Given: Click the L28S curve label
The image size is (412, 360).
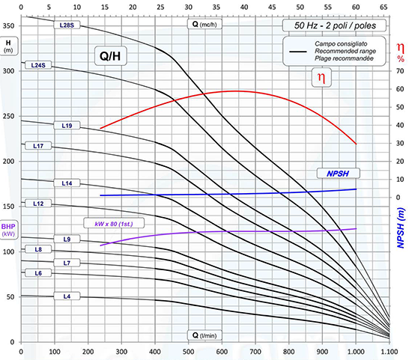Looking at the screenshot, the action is pos(67,25).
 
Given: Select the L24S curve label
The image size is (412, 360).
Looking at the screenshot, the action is pos(38,65).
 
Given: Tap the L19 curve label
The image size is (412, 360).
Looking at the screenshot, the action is pos(67,126).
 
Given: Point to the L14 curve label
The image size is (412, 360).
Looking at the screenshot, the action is pos(67,183).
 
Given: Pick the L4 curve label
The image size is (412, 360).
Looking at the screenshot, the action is pos(67,296).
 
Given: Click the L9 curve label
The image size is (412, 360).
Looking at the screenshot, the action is pos(67,239).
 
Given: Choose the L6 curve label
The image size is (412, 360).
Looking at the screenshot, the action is pos(38,273).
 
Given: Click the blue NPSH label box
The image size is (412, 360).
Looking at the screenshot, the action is pos(338,174).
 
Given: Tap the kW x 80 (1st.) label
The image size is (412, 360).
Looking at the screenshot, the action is pos(114,224).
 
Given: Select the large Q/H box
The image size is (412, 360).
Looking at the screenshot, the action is pos(110,56).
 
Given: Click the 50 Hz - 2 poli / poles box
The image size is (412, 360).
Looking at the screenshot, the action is pos(335,25).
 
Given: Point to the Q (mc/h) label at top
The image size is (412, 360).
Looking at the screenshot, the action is pos(205,24).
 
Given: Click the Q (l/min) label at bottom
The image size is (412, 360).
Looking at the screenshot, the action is pos(205,335).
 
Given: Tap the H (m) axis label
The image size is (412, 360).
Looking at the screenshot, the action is pos(9,46).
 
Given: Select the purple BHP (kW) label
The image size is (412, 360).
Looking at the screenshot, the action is pos(8,229).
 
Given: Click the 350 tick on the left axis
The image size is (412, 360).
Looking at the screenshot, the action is pos(8,25).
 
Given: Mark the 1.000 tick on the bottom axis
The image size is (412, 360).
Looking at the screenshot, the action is pos(356,351).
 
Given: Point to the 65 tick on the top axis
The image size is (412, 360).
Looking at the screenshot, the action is pos(384,7).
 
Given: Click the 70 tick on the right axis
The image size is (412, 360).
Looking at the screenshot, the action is pos(400,70).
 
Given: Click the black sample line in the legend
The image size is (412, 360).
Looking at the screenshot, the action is pos(298,52).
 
